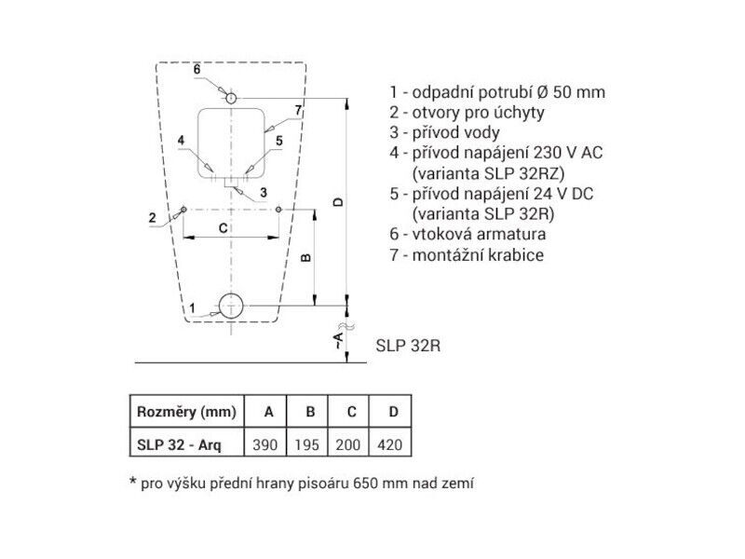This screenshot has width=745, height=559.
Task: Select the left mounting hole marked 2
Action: tap(183, 209)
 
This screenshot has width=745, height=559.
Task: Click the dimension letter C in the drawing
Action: tap(223, 228)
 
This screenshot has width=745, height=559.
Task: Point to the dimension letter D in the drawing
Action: tap(338, 202)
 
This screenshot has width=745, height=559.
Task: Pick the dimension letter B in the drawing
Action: tap(306, 258)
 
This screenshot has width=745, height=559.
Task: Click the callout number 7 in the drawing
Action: tap(298, 110)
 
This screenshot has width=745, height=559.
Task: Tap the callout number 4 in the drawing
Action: tap(181, 141)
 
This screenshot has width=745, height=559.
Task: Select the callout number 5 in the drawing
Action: tap(279, 141)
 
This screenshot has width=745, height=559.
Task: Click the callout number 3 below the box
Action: tap(264, 193)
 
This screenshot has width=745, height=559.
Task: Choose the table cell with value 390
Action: tap(265, 444)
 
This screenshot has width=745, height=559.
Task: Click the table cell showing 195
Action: tap(306, 444)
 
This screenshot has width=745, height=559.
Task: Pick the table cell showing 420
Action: tap(389, 444)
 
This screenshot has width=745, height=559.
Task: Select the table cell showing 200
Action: tap(348, 444)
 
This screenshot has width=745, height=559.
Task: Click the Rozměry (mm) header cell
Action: tap(187, 411)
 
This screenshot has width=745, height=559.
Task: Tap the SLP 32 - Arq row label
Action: tap(179, 445)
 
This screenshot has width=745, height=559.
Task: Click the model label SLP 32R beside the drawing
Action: tap(408, 346)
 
